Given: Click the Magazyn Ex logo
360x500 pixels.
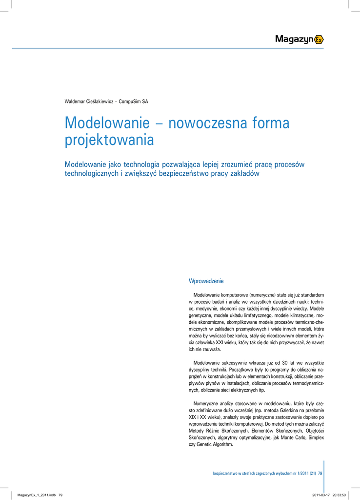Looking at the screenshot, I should tap(299, 40).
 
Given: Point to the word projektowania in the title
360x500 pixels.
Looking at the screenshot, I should tap(109, 140).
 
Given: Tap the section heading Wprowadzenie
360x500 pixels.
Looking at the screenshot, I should tap(206, 281).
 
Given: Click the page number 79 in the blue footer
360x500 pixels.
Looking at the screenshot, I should tap(320, 473).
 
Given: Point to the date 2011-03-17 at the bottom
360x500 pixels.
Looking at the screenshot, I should tap(320, 495).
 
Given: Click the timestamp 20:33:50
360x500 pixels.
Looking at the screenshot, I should tap(340, 495).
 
